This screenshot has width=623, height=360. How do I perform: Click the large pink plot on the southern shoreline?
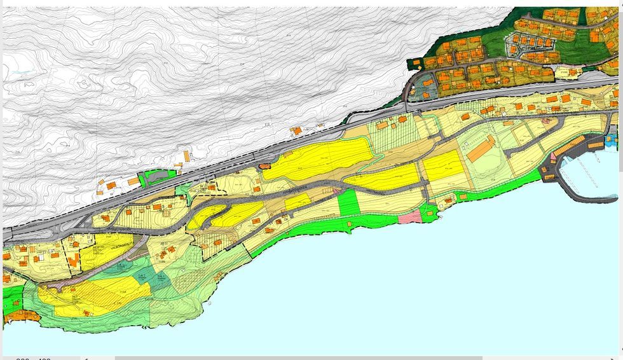(409, 217)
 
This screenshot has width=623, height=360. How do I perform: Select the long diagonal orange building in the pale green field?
(481, 148)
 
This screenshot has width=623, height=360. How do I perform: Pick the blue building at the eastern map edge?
(611, 138)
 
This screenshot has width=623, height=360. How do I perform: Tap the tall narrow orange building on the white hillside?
(187, 156)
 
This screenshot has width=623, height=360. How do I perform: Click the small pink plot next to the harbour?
(553, 156)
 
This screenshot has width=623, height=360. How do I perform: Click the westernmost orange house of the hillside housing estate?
(416, 63)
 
